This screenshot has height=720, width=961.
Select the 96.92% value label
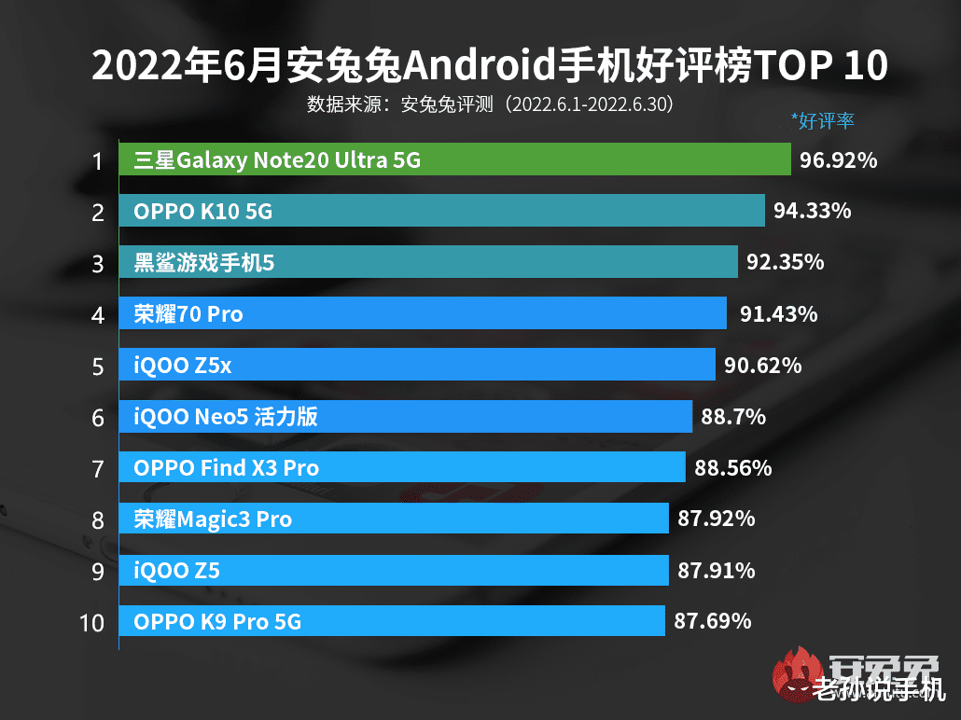pos(838,160)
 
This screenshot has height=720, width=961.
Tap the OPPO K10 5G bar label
pos(202,212)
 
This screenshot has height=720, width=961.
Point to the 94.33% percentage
pos(812,212)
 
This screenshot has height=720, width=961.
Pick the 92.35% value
pos(785,263)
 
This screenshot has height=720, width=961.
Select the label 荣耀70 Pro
pos(188,314)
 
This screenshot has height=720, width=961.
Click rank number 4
pos(97,315)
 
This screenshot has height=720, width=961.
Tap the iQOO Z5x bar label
pos(182,366)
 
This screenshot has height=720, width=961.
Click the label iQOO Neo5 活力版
pos(226,416)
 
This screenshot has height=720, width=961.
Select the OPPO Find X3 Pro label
pos(226,467)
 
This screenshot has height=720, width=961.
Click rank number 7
pos(97,469)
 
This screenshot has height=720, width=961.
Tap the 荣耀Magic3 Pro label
pos(213,519)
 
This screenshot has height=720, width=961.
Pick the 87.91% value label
pos(717,570)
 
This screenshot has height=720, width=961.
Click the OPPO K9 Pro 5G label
pos(217,621)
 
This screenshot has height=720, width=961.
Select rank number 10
pos(92,623)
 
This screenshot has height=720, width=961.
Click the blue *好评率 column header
pos(822,120)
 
